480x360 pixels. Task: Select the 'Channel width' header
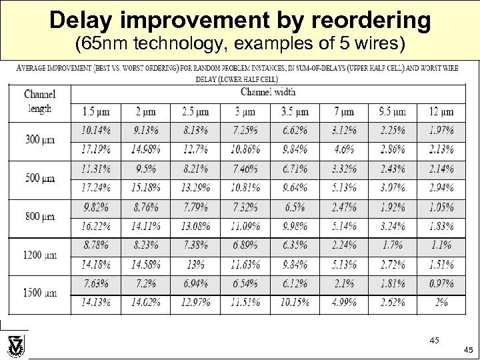pyautogui.click(x=268, y=92)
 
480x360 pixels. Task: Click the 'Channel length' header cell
pyautogui.click(x=39, y=101)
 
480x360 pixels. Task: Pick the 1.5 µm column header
pyautogui.click(x=97, y=111)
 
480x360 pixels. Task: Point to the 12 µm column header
pyautogui.click(x=441, y=111)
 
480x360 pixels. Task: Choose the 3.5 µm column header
pyautogui.click(x=295, y=111)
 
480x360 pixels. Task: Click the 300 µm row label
pyautogui.click(x=39, y=140)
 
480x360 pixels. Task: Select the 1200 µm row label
pyautogui.click(x=39, y=255)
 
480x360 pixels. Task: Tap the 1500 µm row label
pyautogui.click(x=39, y=293)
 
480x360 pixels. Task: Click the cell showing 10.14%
pyautogui.click(x=97, y=131)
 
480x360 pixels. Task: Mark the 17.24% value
pyautogui.click(x=97, y=188)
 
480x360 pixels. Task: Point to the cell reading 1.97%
pyautogui.click(x=441, y=131)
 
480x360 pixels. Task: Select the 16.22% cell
pyautogui.click(x=97, y=227)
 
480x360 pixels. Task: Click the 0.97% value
pyautogui.click(x=441, y=284)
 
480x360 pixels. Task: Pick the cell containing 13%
pyautogui.click(x=195, y=265)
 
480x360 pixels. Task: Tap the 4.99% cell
pyautogui.click(x=344, y=303)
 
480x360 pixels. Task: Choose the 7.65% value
pyautogui.click(x=97, y=284)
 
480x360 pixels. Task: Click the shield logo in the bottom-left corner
pyautogui.click(x=15, y=347)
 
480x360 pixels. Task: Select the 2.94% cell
pyautogui.click(x=441, y=188)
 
